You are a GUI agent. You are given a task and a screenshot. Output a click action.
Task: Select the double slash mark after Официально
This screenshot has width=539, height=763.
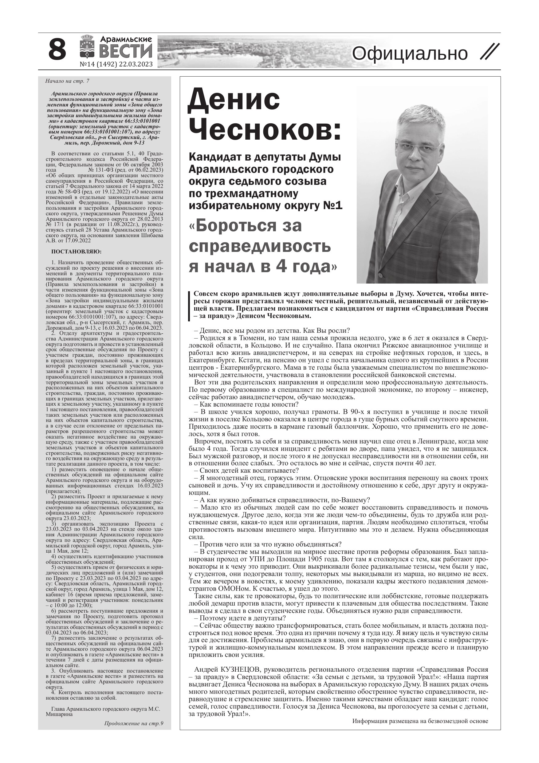click(490, 52)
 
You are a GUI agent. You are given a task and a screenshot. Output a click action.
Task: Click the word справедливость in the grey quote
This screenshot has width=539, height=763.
click(260, 246)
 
